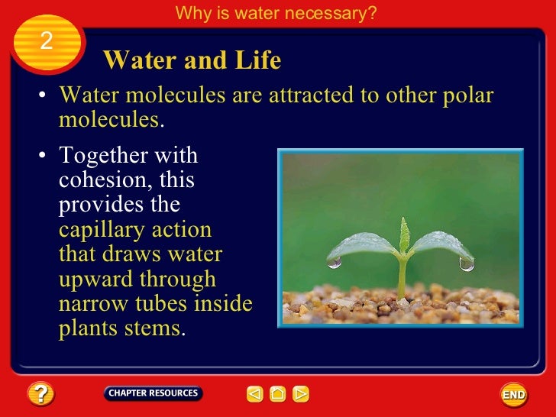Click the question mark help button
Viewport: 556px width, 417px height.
[40, 394]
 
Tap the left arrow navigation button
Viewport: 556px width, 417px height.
[254, 394]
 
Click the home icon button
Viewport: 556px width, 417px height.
[278, 394]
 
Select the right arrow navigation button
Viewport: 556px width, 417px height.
[301, 394]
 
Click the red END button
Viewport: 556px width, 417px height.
[513, 395]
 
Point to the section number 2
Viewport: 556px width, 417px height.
[46, 41]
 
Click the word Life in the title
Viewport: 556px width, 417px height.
[257, 60]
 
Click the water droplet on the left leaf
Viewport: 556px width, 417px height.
[335, 262]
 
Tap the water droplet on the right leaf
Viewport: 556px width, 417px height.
[467, 264]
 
